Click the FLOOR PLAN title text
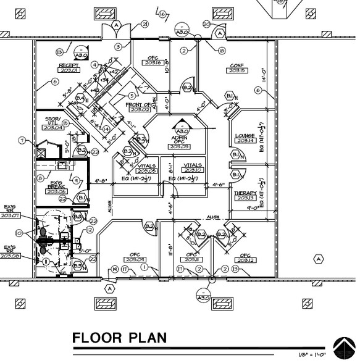pyautogui.click(x=120, y=338)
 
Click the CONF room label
pyautogui.click(x=237, y=66)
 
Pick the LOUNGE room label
pyautogui.click(x=245, y=136)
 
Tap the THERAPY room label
pyautogui.click(x=245, y=193)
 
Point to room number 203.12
pyautogui.click(x=245, y=259)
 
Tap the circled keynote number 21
pyautogui.click(x=146, y=25)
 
